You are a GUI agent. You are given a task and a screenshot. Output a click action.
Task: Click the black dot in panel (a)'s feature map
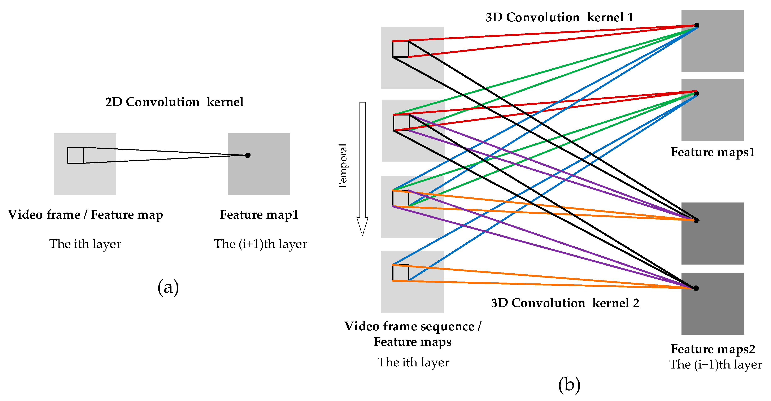coord(248,155)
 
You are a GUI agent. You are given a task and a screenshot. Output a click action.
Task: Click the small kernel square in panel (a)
coord(75,155)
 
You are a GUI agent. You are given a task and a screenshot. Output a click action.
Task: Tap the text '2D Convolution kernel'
coord(174,102)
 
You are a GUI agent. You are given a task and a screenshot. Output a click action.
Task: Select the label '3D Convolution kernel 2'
coord(565,303)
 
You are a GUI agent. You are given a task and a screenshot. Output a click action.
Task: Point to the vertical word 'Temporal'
coord(343,166)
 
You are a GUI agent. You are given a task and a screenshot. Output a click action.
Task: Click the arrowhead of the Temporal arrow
coord(362,226)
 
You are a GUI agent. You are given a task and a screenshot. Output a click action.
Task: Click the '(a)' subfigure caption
coord(168,287)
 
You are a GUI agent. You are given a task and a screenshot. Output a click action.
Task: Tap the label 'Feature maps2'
coord(713,349)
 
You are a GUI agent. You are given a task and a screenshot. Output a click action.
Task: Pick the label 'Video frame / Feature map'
coord(85,215)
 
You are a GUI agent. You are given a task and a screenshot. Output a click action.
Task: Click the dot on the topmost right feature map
coord(696,25)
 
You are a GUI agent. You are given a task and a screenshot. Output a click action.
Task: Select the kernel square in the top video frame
coord(400,49)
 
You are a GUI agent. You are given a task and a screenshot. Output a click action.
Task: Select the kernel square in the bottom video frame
coord(400,273)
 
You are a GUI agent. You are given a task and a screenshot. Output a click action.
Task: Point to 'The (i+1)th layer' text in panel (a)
coord(260,244)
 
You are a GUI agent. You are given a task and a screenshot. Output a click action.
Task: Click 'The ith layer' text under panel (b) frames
coord(413,363)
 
